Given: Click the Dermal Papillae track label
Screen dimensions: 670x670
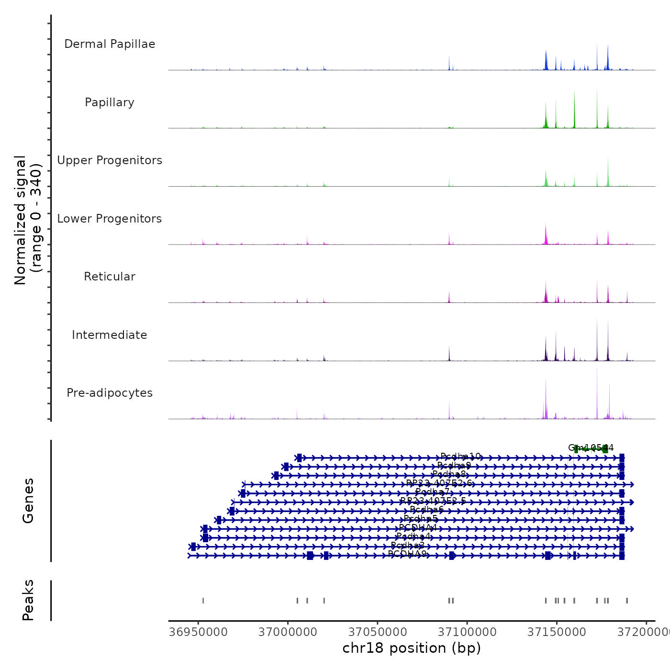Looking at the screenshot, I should pos(110,44).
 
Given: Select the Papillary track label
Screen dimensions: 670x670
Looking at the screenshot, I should pos(110,102).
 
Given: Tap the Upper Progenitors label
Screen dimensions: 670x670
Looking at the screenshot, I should pos(110,160).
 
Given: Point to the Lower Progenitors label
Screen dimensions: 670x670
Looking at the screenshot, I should pos(110,219).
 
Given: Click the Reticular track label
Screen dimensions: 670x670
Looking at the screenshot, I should pos(110,277).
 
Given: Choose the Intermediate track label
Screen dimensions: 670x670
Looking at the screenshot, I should pos(110,335).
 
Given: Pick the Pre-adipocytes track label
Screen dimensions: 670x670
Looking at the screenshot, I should pos(110,393).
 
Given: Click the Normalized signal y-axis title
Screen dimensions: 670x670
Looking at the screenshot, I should pos(28,220).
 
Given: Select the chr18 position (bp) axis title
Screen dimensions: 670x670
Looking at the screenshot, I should pos(412,648).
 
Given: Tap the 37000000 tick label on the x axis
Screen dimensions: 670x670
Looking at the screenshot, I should pos(288,632).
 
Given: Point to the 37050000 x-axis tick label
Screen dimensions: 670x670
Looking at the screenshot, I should pos(378,632).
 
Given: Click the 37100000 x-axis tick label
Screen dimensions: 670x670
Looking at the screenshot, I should pos(467,632).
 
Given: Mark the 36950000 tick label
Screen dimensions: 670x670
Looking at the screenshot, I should pos(198,632).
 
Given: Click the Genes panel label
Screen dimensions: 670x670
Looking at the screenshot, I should pos(28,501).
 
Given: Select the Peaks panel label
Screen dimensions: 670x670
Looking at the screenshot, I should pos(28,600).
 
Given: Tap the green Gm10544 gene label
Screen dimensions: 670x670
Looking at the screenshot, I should pos(591,448).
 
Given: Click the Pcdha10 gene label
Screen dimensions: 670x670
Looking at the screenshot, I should pos(460,457).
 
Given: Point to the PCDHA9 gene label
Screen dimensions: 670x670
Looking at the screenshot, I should pos(407,554).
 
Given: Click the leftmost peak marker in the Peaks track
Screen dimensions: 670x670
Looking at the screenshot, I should pos(203,601).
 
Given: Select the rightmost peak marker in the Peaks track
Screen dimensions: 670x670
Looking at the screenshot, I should pos(627,601).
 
